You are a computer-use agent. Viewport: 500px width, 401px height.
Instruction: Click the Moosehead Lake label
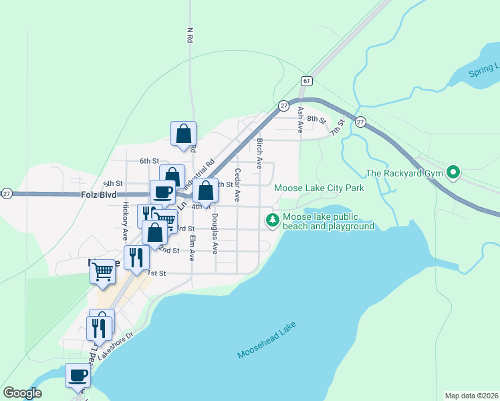point(266,340)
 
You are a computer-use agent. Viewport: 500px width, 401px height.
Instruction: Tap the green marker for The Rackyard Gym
point(453,172)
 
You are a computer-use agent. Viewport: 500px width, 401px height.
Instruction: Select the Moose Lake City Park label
point(319,188)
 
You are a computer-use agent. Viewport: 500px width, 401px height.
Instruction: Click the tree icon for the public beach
point(272,219)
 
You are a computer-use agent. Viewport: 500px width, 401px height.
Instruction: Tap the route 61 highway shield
point(306,80)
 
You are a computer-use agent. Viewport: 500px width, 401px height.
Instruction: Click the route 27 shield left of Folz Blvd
point(6,193)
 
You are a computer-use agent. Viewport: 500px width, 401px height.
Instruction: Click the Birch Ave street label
point(259,153)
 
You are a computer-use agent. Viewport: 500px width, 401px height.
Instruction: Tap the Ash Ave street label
point(301,119)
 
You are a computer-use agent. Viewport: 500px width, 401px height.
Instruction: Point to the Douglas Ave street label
point(215,234)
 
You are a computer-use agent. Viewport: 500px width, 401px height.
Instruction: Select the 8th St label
point(316,121)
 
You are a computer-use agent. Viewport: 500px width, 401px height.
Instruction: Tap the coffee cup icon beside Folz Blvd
point(162,192)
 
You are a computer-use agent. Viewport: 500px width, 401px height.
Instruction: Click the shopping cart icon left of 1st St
point(102,271)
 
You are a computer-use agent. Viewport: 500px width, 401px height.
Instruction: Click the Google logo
point(22,393)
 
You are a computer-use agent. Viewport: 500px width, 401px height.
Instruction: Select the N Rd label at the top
point(190,35)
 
